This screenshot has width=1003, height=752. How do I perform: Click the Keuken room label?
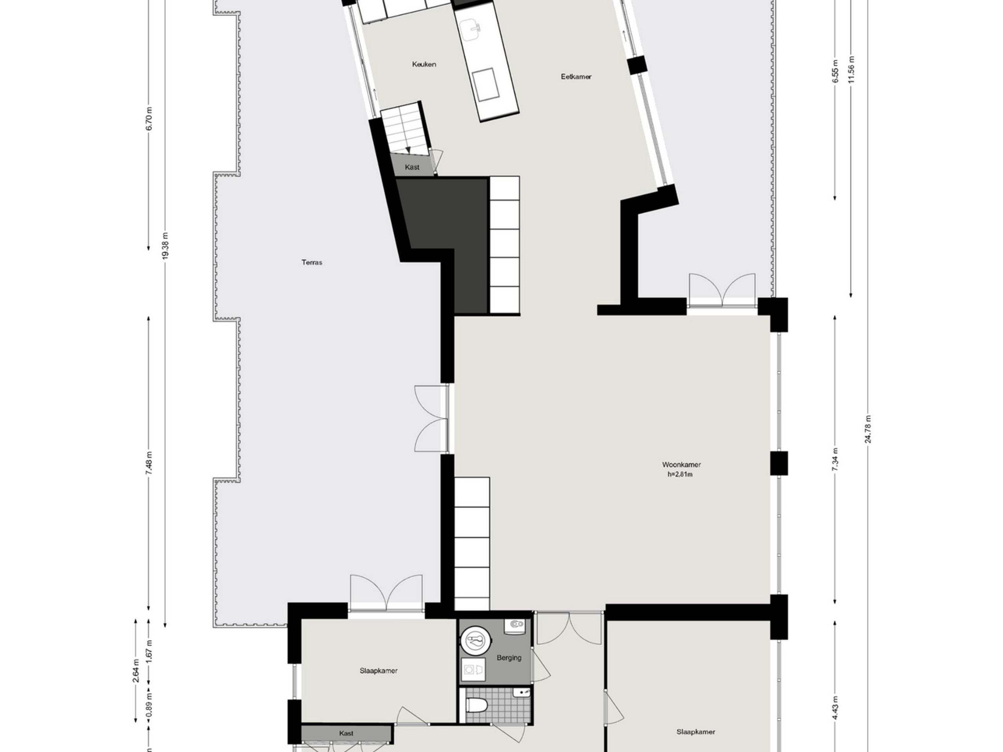[x=424, y=64]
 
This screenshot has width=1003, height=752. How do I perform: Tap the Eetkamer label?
[x=576, y=77]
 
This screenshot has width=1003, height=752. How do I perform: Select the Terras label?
[x=312, y=262]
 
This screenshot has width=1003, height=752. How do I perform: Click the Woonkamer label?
[x=681, y=465]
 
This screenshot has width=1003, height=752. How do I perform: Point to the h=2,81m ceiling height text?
[x=680, y=475]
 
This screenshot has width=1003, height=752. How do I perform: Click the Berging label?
[x=509, y=658]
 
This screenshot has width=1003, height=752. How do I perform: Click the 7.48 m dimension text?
[x=149, y=463]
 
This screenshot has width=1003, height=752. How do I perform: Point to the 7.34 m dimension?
[x=835, y=459]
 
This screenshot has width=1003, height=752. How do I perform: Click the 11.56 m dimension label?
[x=851, y=69]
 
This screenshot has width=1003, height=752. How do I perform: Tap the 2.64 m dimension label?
[x=136, y=672]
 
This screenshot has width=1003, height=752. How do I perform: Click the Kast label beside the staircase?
[x=412, y=167]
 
